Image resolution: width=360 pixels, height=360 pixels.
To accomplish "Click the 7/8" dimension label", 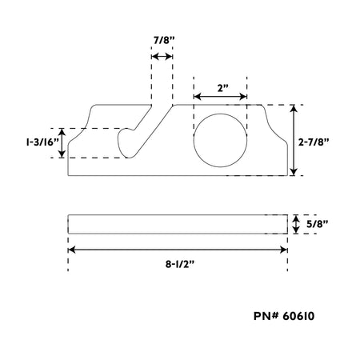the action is point(164,41).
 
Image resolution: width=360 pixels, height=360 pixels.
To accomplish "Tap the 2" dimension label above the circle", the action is point(223,88).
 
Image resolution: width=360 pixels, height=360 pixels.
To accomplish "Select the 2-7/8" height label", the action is point(314,142).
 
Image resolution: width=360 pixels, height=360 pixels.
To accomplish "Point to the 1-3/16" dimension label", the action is point(42,142).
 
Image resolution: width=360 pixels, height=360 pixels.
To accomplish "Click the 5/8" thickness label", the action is point(317,224).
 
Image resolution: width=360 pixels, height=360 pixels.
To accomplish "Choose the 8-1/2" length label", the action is point(180,264).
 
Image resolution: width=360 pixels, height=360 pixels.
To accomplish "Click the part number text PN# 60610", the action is point(284,316).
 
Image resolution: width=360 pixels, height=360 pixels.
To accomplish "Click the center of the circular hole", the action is point(220,141).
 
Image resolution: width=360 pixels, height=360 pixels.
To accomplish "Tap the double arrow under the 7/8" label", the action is point(162,57).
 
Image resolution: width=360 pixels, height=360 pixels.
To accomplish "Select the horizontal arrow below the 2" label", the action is point(220,96).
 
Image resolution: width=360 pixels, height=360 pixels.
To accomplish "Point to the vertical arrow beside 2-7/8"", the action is point(294,140).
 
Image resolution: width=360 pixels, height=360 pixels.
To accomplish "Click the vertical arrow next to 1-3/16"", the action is point(62,143).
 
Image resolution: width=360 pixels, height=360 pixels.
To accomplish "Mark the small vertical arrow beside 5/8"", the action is point(296,224).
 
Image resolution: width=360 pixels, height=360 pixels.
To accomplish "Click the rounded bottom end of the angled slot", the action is point(125,154).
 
